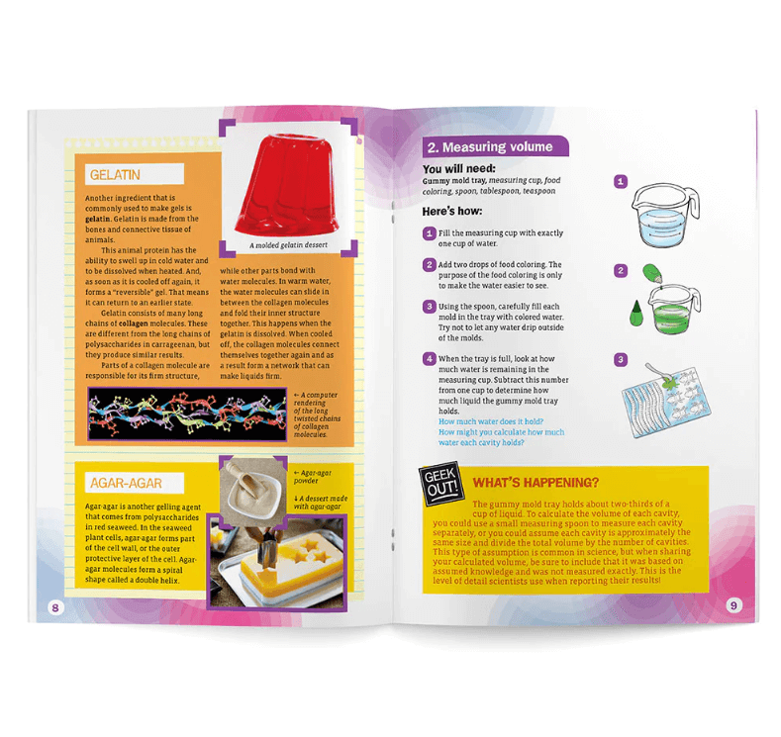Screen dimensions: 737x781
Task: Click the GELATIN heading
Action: (115, 175)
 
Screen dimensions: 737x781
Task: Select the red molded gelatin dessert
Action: (292, 187)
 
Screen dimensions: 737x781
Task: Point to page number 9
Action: (733, 605)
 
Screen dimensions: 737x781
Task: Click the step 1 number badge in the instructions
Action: (429, 233)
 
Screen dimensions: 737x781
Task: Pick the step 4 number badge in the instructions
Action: (429, 358)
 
